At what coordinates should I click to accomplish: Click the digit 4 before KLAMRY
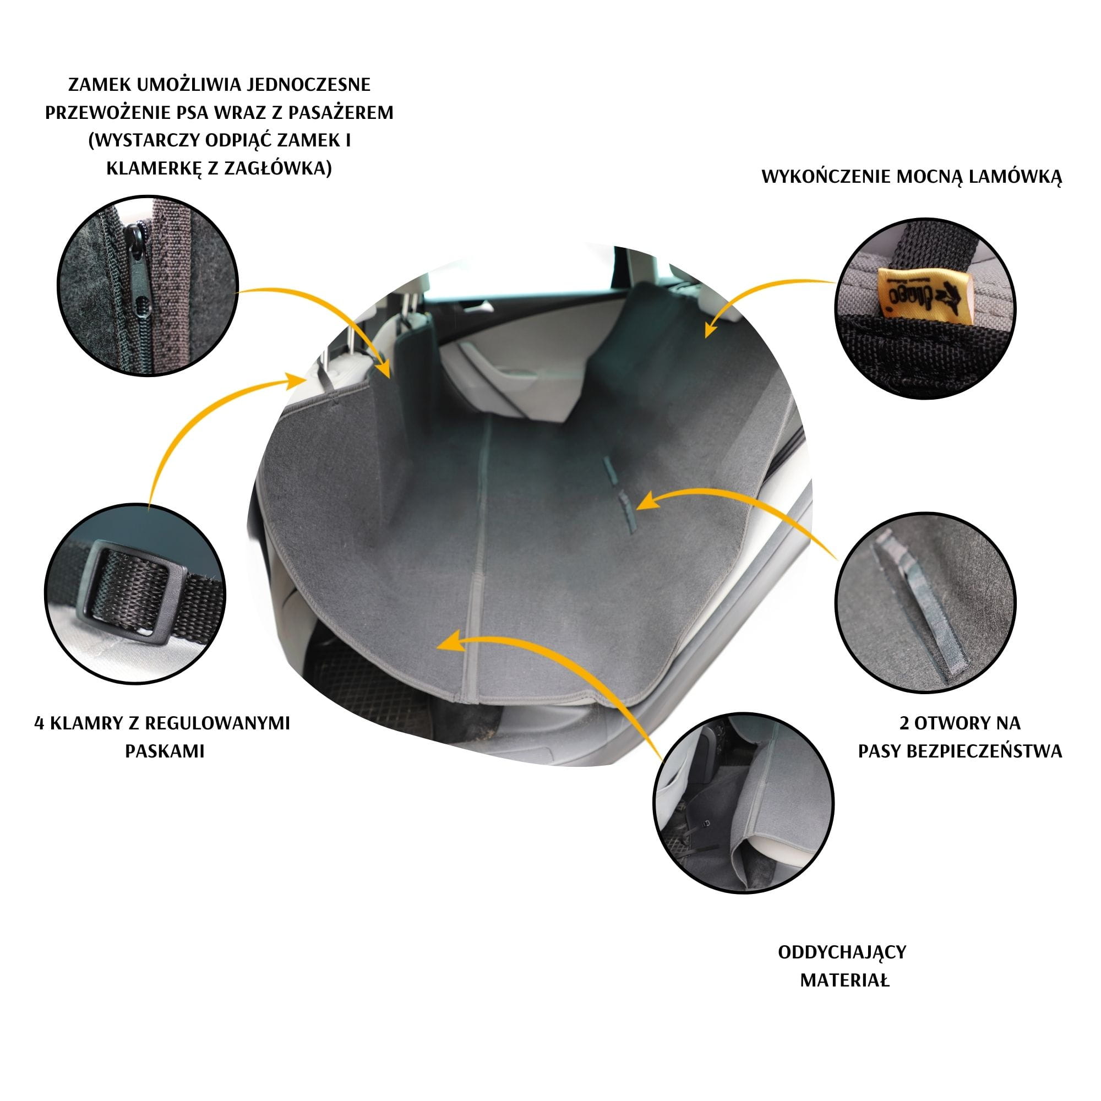[x=39, y=724]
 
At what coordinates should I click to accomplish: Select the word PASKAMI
[x=165, y=751]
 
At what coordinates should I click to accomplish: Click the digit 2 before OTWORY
[x=904, y=724]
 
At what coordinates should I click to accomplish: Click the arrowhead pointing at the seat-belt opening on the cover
[x=644, y=502]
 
